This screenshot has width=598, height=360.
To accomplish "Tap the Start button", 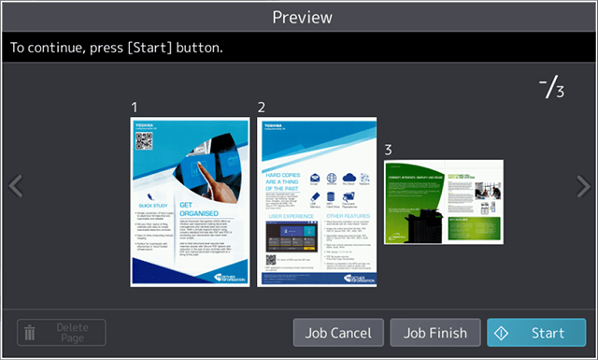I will (536, 332).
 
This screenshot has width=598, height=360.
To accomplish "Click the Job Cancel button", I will (337, 332).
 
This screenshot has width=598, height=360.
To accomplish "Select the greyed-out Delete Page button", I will (62, 332).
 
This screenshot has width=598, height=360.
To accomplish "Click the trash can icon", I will (30, 332).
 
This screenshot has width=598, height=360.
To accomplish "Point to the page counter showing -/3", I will (552, 90).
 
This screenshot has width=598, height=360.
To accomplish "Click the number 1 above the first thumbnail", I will (135, 108).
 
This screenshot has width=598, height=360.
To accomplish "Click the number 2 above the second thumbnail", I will (262, 108).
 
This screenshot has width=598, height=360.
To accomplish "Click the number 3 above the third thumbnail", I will (388, 150).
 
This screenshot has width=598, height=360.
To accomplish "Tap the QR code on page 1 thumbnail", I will (144, 142).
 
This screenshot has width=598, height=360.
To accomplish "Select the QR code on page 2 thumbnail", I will (274, 259).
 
